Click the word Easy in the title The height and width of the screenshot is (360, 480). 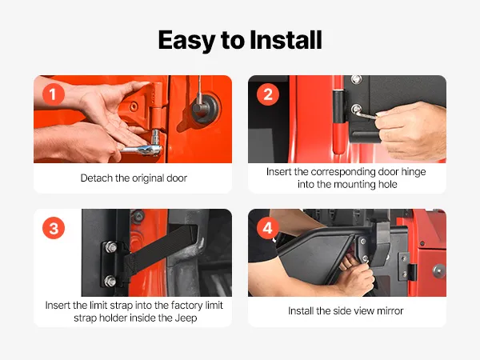click(186, 41)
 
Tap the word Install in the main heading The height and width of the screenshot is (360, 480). click(286, 40)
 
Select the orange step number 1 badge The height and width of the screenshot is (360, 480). click(54, 94)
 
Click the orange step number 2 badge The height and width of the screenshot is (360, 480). click(268, 94)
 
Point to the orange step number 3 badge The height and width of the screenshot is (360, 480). click(54, 228)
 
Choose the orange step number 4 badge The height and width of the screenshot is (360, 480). click(268, 228)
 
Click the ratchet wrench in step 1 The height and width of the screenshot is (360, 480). click(143, 147)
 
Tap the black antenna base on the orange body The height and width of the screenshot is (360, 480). click(205, 107)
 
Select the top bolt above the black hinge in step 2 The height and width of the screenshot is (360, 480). click(356, 79)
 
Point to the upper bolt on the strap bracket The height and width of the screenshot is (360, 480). click(111, 246)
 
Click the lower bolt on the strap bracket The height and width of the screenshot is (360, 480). click(110, 281)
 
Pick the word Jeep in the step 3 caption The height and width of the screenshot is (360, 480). click(186, 318)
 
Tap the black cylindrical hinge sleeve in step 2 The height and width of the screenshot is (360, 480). click(339, 106)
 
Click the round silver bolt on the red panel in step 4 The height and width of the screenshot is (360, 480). click(439, 270)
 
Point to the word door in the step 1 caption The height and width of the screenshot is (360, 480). click(177, 178)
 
